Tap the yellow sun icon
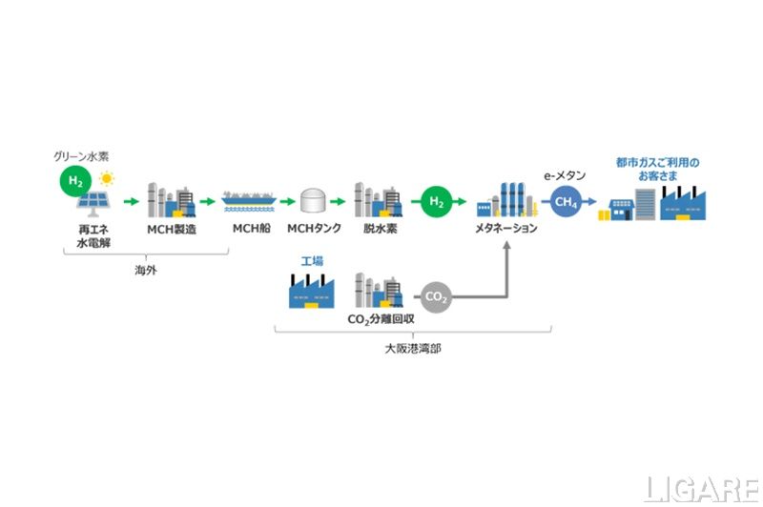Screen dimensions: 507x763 click(107, 178)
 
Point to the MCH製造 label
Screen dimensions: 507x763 click(172, 230)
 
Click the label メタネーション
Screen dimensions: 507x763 click(505, 230)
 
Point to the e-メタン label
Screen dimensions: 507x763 click(567, 175)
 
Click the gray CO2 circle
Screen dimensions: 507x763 click(436, 296)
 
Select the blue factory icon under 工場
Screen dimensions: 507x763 click(312, 291)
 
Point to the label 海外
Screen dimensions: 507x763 click(146, 270)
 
